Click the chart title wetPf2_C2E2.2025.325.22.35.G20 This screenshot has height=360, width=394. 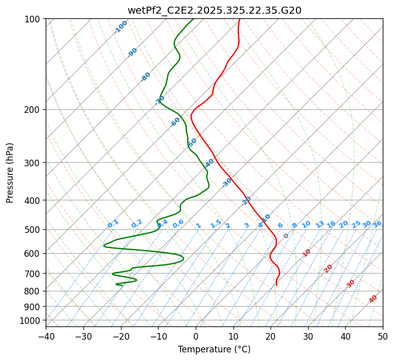point(214,10)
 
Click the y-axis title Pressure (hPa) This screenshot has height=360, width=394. point(10,173)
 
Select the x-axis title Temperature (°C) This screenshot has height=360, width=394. point(214,350)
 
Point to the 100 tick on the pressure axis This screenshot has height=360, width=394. point(34,19)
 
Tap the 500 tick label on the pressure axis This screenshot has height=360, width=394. point(34,230)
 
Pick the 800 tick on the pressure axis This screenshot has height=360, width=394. point(34,291)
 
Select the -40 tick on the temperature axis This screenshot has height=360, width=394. point(46,337)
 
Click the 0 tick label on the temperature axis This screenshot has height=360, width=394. point(196,337)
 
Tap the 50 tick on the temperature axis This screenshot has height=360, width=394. point(383,337)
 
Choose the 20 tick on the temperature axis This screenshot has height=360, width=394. point(270,337)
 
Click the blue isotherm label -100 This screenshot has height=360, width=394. point(121,26)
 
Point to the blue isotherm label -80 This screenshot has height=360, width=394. point(146,77)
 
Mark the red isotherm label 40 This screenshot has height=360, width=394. point(373,299)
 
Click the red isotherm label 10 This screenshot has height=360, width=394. point(307,253)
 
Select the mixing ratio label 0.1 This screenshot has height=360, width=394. point(113,224)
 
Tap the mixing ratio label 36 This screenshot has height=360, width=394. point(377,224)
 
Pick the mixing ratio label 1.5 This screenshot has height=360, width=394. point(216,224)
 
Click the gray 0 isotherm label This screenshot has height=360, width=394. point(286,236)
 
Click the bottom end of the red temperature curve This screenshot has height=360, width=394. point(276,286)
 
